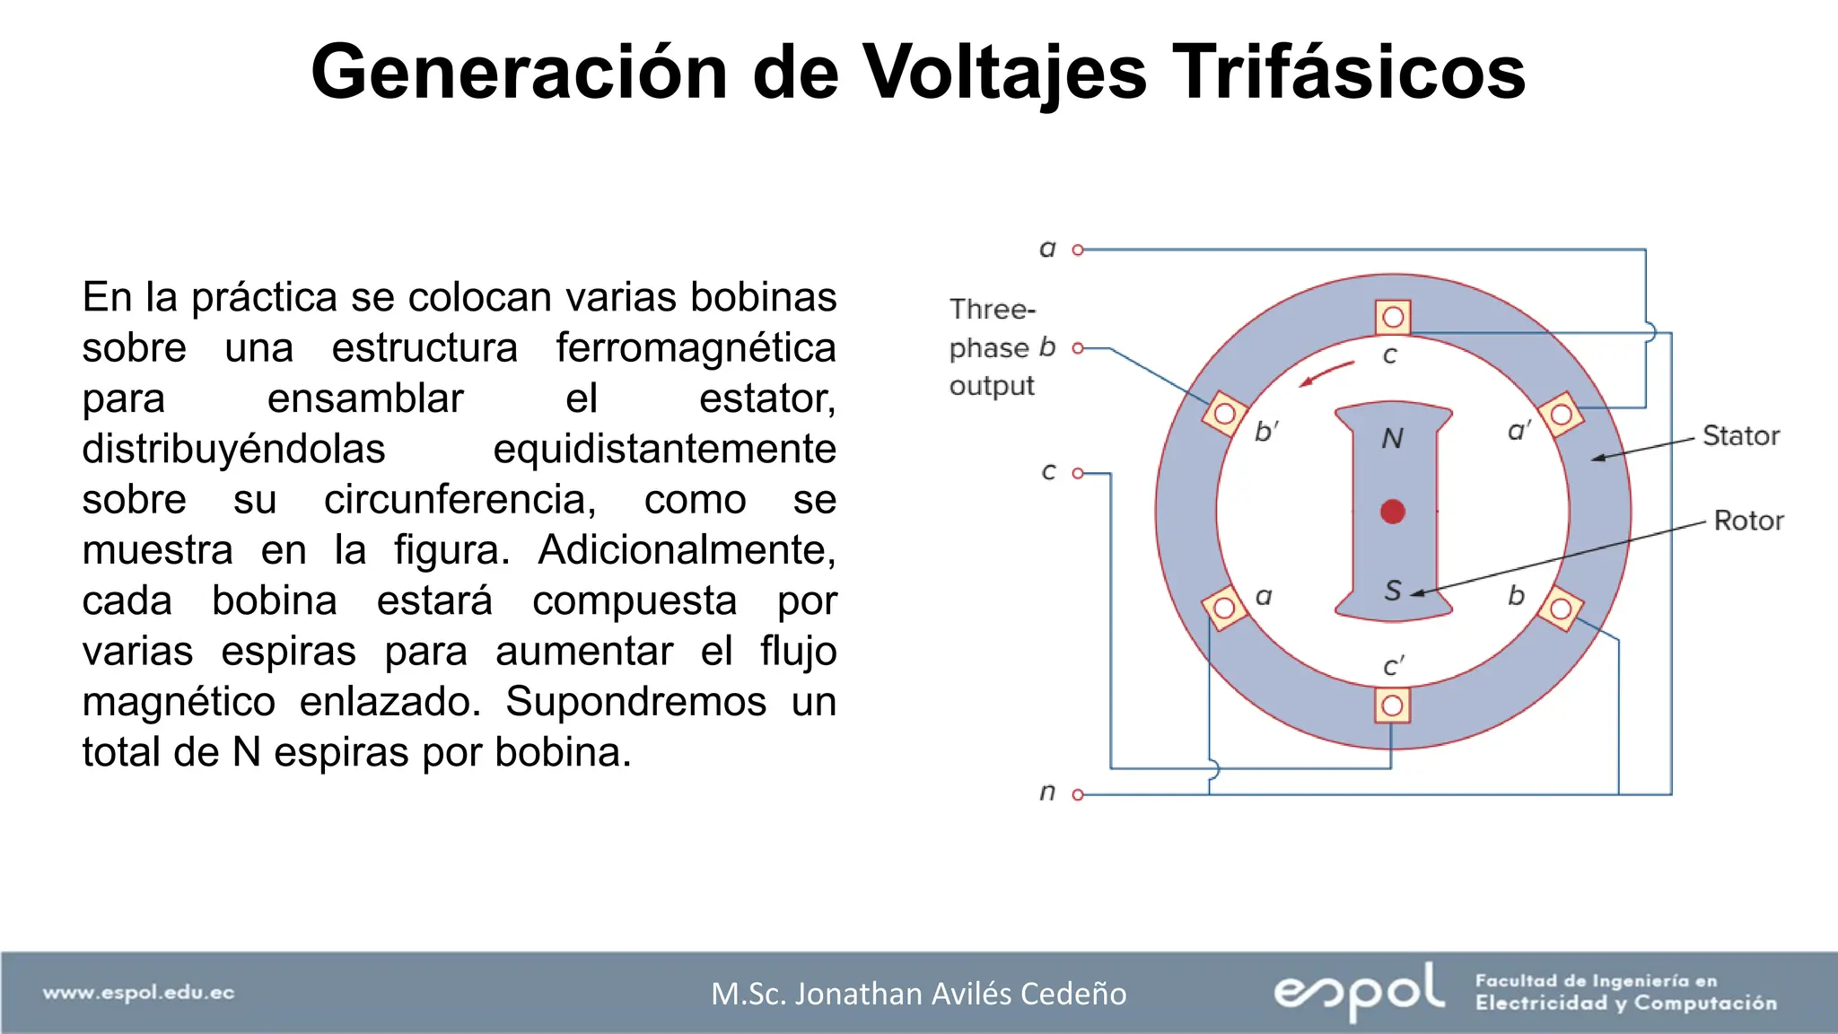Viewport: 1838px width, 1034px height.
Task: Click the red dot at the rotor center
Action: click(1392, 512)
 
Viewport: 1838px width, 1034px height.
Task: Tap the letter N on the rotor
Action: click(1392, 438)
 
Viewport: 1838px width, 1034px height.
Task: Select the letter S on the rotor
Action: click(1392, 590)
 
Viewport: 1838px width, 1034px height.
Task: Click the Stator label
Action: click(1740, 435)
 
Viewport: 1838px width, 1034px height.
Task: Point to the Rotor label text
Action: click(1747, 521)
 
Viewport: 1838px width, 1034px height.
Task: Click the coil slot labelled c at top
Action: click(1393, 317)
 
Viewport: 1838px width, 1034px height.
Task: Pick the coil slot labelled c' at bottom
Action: click(1392, 705)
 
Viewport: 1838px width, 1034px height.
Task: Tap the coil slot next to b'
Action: click(1224, 414)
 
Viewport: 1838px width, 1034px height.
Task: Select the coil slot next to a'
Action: click(1562, 414)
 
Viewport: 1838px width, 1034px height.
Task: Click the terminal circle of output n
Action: click(1078, 794)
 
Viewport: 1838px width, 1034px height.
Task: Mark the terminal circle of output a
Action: click(1078, 250)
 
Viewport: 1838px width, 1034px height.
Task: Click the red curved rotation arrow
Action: click(1326, 373)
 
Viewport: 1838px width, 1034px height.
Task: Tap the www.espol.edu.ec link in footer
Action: click(138, 993)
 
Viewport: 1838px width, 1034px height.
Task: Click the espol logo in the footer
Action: click(1359, 991)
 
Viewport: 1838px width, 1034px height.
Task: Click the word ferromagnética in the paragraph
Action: click(696, 347)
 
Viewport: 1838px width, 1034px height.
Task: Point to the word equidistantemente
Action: click(664, 449)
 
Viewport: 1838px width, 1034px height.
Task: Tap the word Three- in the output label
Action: click(993, 310)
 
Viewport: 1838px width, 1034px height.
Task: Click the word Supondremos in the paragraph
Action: click(635, 702)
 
